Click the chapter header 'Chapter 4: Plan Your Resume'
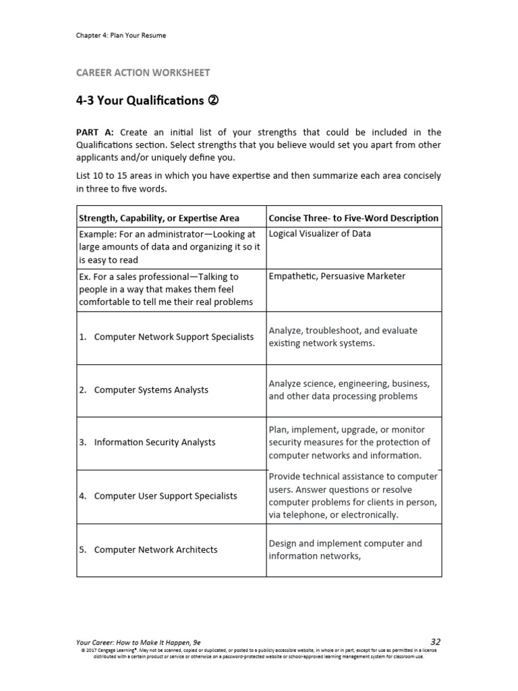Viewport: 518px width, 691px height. (121, 35)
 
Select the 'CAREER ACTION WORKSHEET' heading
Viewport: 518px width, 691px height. (143, 72)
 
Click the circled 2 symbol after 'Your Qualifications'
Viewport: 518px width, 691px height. (214, 101)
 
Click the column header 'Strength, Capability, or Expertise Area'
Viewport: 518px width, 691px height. (159, 218)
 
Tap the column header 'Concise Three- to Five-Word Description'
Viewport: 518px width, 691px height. (353, 218)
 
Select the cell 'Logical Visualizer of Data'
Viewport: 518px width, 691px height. (320, 234)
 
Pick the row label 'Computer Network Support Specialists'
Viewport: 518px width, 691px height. (174, 337)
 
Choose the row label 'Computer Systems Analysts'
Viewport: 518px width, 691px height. (151, 390)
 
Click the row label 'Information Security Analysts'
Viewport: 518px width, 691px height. (154, 443)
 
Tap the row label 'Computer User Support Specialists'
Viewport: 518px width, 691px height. (165, 496)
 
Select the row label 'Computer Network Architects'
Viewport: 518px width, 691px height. (156, 550)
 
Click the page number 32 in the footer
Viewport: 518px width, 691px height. (435, 642)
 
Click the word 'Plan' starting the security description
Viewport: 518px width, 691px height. (279, 430)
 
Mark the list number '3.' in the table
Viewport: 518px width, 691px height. (83, 443)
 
